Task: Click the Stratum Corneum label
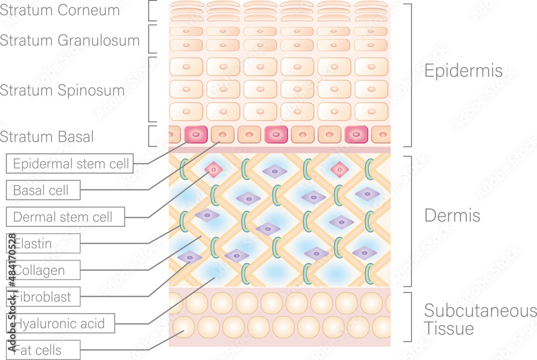(x=60, y=11)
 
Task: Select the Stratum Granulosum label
(x=70, y=40)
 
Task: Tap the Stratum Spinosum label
(x=62, y=90)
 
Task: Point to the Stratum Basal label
(x=47, y=137)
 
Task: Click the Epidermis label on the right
(x=463, y=71)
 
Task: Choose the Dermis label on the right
(x=452, y=216)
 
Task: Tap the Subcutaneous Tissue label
(x=480, y=319)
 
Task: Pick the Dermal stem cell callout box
(x=66, y=217)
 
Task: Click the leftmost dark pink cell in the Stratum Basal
(x=195, y=134)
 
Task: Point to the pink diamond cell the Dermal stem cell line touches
(x=213, y=170)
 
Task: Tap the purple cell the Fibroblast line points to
(x=189, y=257)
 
